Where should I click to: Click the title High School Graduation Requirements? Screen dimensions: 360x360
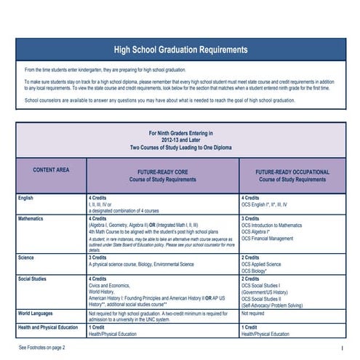click(180, 49)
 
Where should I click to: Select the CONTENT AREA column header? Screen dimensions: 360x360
click(51, 170)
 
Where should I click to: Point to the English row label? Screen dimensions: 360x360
click(27, 198)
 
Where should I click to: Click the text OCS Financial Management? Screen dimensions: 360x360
click(268, 238)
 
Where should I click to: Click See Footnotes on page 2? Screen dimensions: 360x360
click(41, 348)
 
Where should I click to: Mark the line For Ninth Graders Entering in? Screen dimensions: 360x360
click(180, 134)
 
